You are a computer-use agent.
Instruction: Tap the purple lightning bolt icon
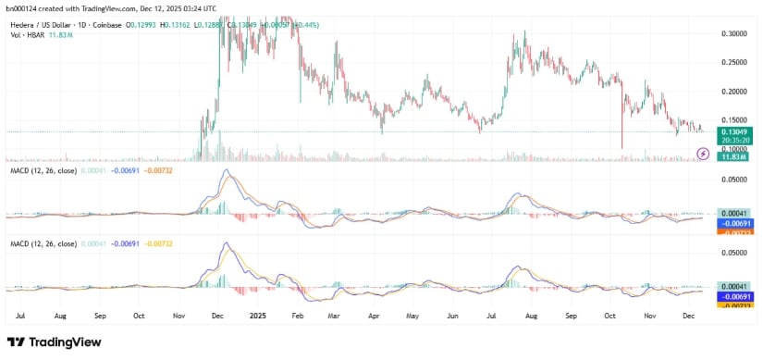point(702,153)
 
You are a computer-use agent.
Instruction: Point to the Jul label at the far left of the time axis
point(20,315)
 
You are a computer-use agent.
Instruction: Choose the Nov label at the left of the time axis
point(178,315)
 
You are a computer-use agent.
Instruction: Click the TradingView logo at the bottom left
point(54,342)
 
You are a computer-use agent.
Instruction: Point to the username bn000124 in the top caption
point(21,7)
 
